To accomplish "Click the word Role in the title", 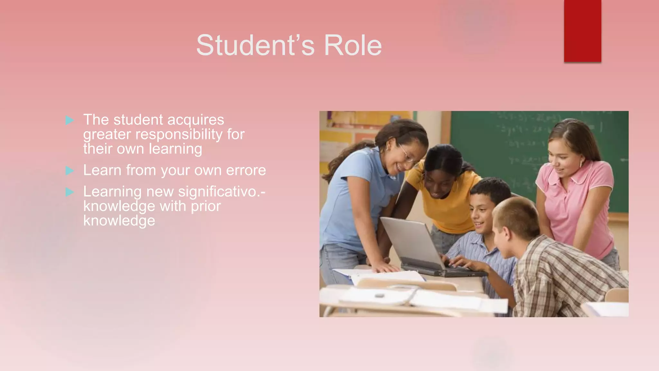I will pyautogui.click(x=353, y=45).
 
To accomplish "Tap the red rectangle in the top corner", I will pyautogui.click(x=582, y=31).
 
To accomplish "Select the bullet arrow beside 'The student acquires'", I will pyautogui.click(x=70, y=120).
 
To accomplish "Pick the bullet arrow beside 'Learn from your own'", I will pyautogui.click(x=70, y=170).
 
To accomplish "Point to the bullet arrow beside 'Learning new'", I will pyautogui.click(x=70, y=192).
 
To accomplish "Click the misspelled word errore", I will pyautogui.click(x=246, y=170).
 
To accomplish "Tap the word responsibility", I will pyautogui.click(x=179, y=135).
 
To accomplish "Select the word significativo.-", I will pyautogui.click(x=222, y=192).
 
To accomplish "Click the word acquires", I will pyautogui.click(x=196, y=120).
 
